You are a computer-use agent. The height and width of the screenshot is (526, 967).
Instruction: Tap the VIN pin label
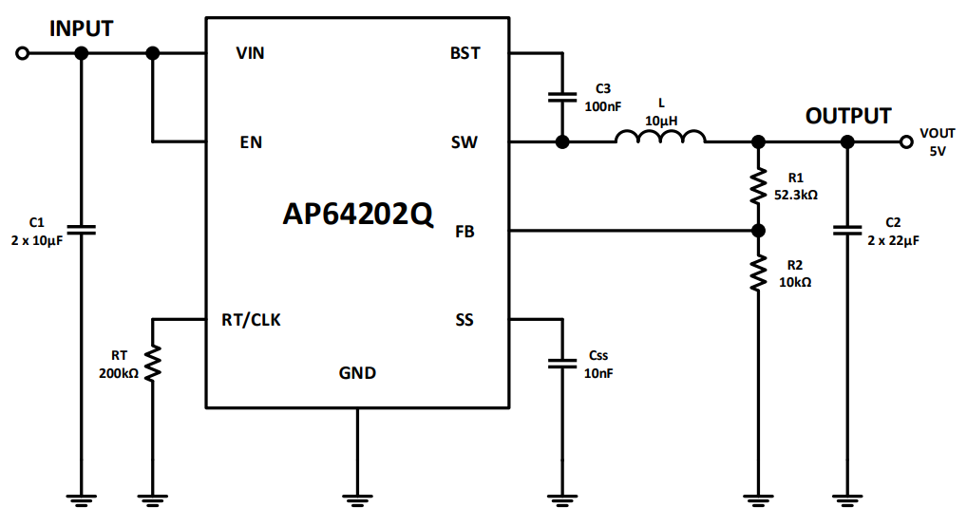tap(250, 53)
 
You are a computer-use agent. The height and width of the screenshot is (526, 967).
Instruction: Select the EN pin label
tap(251, 143)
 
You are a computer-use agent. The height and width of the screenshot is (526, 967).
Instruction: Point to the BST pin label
tap(465, 53)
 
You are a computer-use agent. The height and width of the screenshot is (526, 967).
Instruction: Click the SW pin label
tap(465, 143)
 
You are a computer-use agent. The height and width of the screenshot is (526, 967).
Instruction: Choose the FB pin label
tap(465, 232)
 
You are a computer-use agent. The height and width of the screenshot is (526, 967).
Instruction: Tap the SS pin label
tap(465, 320)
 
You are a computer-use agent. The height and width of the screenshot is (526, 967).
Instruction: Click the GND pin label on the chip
tap(357, 373)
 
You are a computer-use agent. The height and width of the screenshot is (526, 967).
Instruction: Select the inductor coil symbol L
tap(660, 139)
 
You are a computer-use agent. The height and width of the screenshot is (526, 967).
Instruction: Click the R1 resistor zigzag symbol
tap(758, 186)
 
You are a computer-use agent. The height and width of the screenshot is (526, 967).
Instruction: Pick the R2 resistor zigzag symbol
tap(758, 273)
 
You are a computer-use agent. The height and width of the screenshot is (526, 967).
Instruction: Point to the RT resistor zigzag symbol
tap(152, 363)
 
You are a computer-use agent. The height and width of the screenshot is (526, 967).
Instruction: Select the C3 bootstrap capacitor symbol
tap(562, 97)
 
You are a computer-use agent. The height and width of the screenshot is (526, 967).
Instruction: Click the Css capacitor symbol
tap(562, 363)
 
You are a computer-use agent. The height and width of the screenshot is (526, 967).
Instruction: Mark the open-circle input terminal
tap(23, 54)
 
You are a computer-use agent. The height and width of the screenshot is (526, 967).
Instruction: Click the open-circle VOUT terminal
tap(906, 142)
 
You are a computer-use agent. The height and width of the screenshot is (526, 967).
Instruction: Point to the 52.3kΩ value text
tap(796, 194)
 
